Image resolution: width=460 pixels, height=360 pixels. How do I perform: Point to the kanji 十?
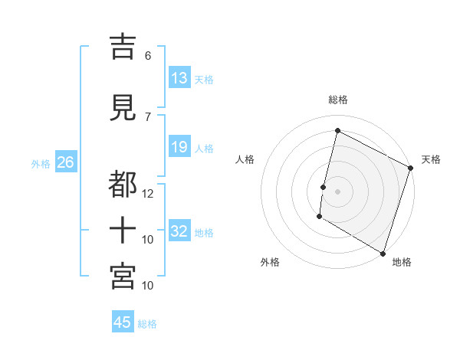(123, 230)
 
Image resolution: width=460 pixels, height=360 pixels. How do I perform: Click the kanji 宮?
(123, 275)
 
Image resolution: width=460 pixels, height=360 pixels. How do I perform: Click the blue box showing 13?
(179, 78)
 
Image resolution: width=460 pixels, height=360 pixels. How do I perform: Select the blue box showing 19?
(179, 147)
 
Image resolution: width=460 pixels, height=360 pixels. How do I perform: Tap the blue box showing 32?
(179, 231)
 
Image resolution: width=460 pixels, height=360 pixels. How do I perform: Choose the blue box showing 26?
(65, 162)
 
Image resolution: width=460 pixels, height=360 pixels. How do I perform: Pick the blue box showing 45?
(123, 322)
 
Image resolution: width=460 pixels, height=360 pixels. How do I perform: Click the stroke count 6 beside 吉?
(148, 56)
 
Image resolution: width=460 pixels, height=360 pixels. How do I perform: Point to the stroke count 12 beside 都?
(148, 194)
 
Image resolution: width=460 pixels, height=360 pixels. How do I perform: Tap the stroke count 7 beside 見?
(148, 117)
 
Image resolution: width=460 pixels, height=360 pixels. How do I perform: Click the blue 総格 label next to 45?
(147, 324)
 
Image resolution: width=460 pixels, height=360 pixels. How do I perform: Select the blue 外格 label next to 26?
(41, 163)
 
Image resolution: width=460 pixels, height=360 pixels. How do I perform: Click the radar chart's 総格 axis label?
(337, 100)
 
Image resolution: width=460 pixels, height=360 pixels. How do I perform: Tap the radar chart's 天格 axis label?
(431, 159)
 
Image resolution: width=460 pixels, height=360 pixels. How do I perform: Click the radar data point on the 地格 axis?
(383, 253)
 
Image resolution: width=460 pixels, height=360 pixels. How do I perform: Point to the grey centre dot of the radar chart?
(337, 191)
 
